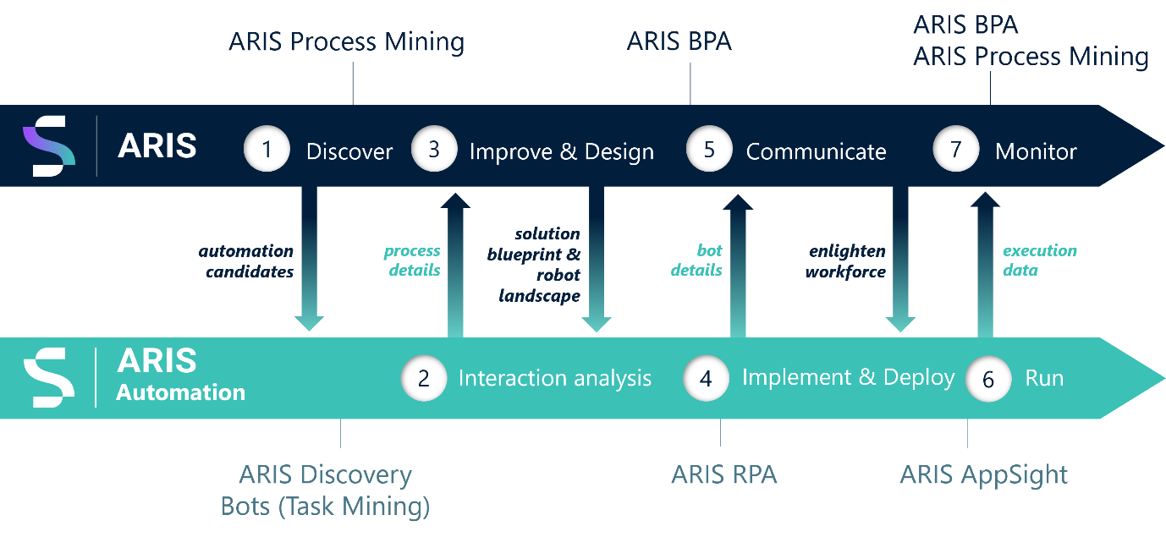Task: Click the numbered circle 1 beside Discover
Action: tap(267, 151)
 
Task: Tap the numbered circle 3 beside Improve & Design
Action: tap(434, 150)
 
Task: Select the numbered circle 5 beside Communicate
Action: tap(709, 150)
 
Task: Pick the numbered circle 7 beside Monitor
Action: tap(955, 150)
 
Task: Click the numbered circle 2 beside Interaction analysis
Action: tap(424, 378)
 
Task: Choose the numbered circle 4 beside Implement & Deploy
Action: tap(706, 378)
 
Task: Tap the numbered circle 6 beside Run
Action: tap(988, 380)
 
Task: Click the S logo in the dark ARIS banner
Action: tap(48, 147)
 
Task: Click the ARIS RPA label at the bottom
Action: tap(723, 475)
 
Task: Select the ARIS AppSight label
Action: tap(983, 475)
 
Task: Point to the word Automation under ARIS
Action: tap(180, 392)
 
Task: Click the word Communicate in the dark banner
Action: tap(816, 152)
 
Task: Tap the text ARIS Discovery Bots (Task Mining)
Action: tap(326, 490)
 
